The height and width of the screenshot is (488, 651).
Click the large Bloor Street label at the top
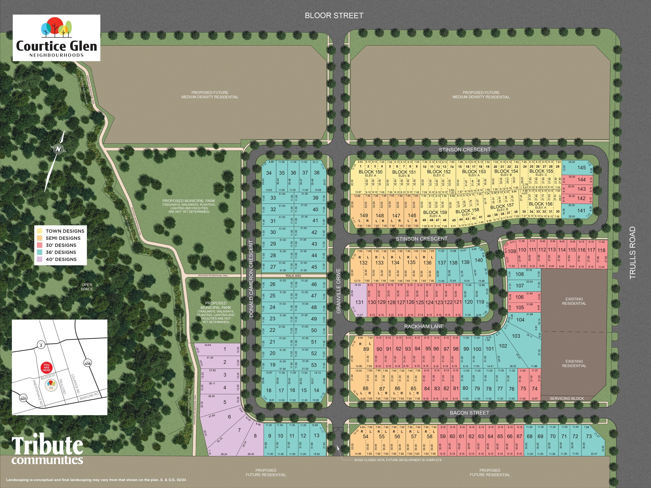334,16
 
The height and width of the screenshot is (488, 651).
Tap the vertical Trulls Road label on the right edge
632,253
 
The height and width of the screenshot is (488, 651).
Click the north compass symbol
59,149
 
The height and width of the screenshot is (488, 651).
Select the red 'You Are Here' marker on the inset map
47,367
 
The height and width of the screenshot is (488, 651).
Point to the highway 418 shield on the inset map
88,362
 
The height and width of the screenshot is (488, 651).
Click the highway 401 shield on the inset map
23,398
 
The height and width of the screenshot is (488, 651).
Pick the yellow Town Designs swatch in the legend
40,231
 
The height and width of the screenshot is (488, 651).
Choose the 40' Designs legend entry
61,259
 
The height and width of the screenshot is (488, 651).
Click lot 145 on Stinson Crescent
582,168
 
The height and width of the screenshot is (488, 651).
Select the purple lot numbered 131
359,302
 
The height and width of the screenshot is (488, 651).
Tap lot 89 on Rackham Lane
366,349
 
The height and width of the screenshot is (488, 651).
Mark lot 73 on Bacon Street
588,436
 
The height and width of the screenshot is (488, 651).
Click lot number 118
601,250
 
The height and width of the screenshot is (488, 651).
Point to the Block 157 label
502,206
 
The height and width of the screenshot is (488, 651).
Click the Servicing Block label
567,398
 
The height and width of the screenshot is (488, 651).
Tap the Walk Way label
293,276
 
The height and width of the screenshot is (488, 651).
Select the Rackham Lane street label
424,326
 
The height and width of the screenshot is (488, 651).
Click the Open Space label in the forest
87,287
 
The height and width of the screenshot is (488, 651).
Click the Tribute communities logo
48,450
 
